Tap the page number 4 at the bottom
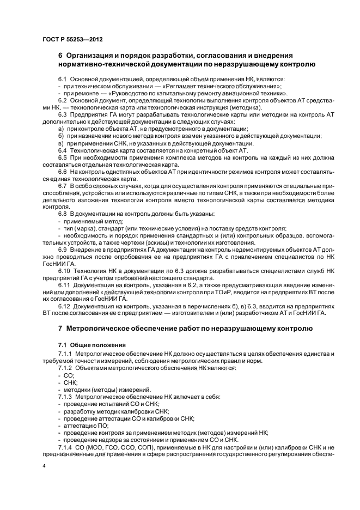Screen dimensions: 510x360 pos(44,467)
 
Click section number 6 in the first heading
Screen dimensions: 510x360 pos(60,56)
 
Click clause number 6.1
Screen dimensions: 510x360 pos(63,80)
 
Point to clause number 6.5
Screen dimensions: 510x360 pos(63,157)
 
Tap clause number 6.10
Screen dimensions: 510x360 pos(64,270)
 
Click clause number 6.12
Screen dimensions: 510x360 pos(64,307)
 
